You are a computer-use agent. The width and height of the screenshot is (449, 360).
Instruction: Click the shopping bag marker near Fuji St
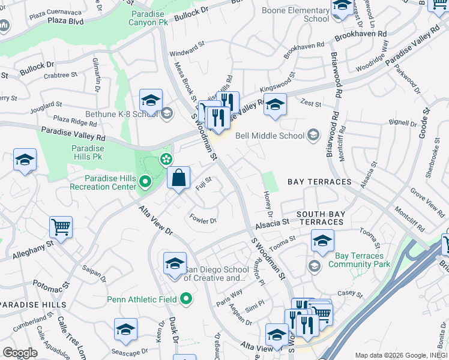click(x=179, y=178)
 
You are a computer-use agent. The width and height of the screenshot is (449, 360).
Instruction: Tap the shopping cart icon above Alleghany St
click(x=61, y=227)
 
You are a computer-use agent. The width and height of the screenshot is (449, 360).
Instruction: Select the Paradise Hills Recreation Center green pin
click(x=145, y=181)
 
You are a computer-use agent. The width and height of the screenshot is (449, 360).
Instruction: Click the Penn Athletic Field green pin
click(x=186, y=298)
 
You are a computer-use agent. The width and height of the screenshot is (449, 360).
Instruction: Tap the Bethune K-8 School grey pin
click(x=167, y=112)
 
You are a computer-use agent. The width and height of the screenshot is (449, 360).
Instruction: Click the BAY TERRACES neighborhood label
click(x=319, y=181)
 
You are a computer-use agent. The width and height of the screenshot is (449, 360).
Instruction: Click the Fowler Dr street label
click(x=203, y=220)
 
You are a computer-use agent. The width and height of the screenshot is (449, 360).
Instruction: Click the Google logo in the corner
click(x=19, y=353)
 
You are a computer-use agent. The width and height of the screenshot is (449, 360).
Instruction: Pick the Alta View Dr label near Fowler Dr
click(x=156, y=221)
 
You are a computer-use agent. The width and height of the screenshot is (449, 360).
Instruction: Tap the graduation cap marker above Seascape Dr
click(x=125, y=329)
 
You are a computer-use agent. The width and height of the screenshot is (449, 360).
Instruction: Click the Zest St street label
click(x=312, y=103)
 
